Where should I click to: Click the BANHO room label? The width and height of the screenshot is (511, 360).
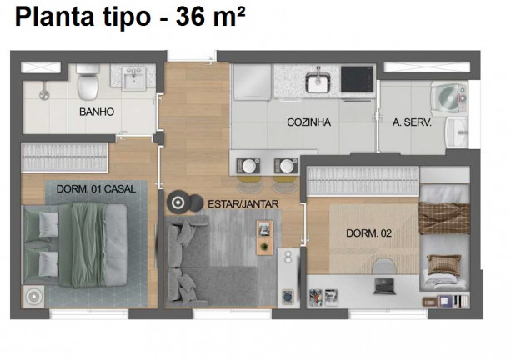(x=97, y=112)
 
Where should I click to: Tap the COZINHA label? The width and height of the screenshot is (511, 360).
(x=308, y=122)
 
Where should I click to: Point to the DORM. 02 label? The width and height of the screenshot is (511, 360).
(x=368, y=233)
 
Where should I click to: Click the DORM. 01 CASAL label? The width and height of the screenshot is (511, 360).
(x=96, y=189)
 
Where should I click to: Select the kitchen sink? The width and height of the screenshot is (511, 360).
(x=318, y=82)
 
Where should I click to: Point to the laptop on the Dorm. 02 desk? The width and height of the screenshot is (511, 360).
(x=384, y=286)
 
